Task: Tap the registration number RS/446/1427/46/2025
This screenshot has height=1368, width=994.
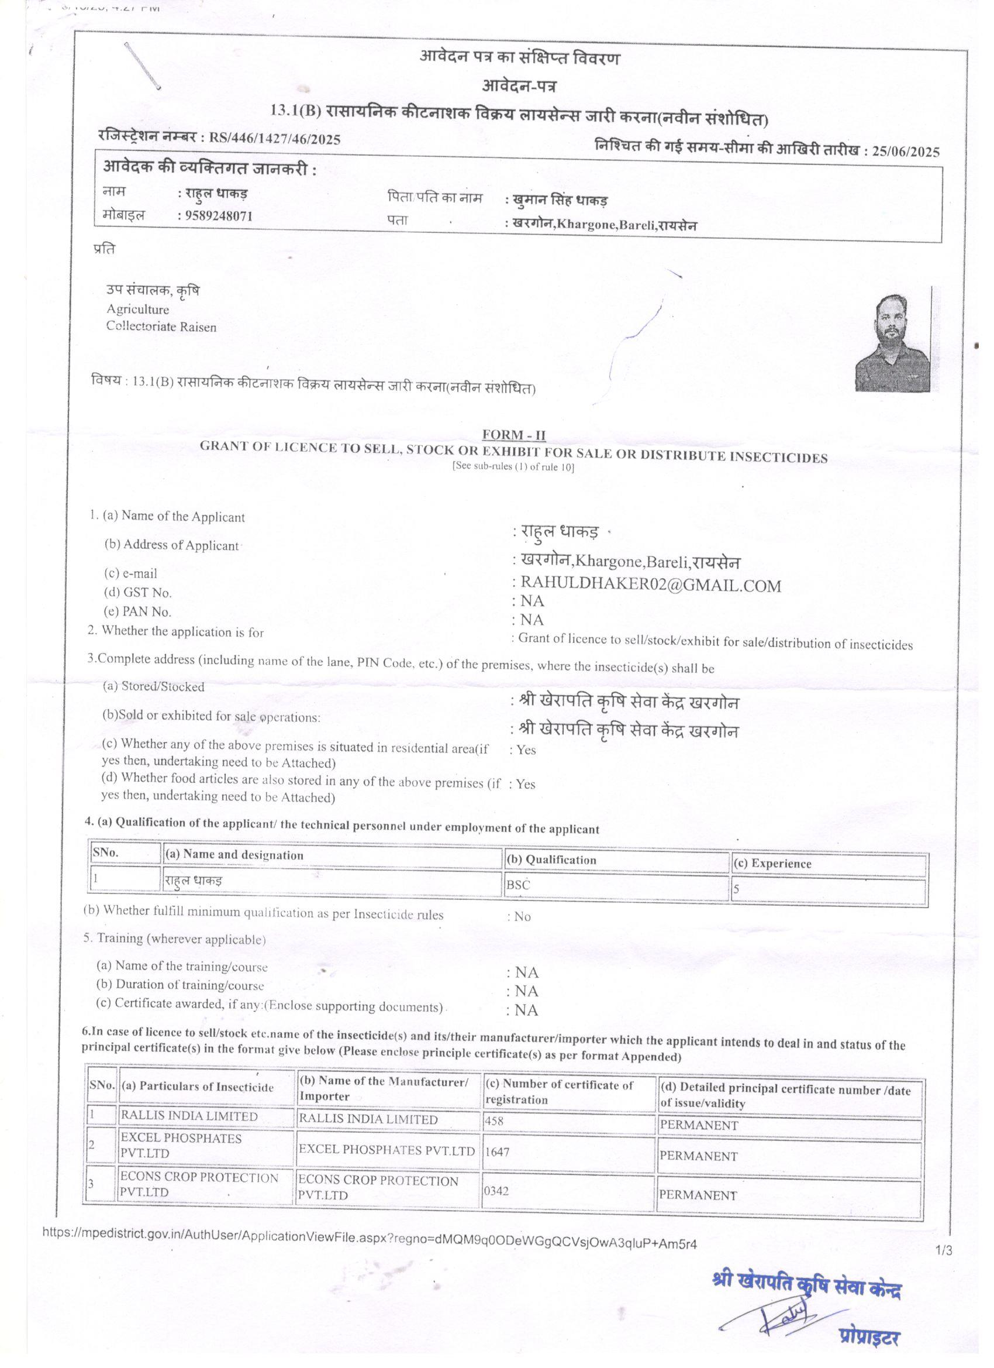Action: (274, 139)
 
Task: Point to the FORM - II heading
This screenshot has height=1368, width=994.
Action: (513, 434)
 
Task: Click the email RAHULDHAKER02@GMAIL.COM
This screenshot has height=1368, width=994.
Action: (650, 586)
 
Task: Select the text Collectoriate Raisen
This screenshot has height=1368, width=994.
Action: (161, 327)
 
